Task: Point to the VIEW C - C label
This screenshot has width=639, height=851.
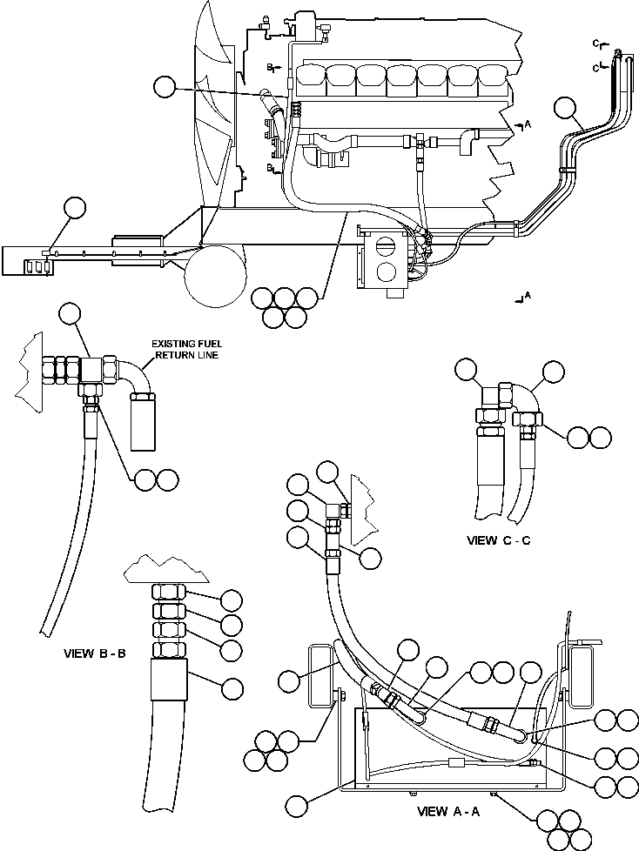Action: [x=499, y=540]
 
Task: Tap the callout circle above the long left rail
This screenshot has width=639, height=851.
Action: [x=76, y=208]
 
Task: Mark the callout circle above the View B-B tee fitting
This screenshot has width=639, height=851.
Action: [x=71, y=313]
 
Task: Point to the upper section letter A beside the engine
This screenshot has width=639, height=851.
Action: [x=527, y=125]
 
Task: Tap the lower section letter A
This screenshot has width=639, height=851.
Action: [x=527, y=298]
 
